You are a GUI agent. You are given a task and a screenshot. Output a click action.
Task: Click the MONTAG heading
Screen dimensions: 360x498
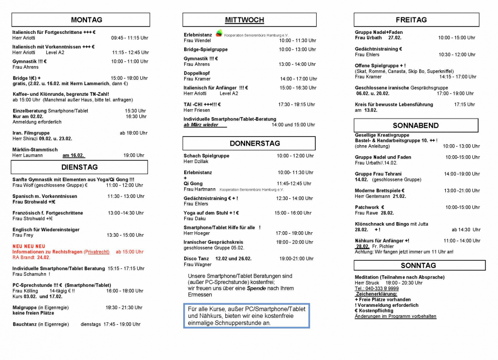pos(87,20)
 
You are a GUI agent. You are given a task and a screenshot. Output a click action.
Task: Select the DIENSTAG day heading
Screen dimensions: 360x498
pos(79,167)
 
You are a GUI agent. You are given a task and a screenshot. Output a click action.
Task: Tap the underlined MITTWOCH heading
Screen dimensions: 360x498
pos(245,20)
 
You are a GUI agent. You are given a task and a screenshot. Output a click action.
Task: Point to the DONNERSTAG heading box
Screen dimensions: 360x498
pos(248,143)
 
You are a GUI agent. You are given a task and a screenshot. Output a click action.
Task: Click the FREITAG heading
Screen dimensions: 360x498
pos(411,20)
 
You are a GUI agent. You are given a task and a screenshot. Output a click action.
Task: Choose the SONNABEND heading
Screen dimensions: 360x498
pos(415,125)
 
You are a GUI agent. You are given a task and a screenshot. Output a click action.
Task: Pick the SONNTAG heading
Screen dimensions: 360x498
pos(418,265)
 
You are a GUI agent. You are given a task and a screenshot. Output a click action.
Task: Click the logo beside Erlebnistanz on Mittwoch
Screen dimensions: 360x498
pos(219,33)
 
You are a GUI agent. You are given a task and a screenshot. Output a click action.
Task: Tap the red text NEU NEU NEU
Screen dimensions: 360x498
pos(29,246)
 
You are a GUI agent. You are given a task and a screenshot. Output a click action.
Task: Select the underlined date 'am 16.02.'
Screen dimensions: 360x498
pos(73,156)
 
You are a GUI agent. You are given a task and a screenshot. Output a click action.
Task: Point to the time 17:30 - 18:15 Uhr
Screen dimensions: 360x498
pos(296,105)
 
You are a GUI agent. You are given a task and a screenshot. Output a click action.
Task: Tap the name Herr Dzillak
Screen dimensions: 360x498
pos(195,162)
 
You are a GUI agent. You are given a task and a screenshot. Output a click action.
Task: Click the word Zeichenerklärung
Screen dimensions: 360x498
pos(376,294)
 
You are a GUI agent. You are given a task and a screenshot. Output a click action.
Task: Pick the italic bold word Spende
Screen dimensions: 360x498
pos(256,288)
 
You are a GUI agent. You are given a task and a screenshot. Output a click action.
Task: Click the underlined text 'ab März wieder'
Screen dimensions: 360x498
pos(201,125)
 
